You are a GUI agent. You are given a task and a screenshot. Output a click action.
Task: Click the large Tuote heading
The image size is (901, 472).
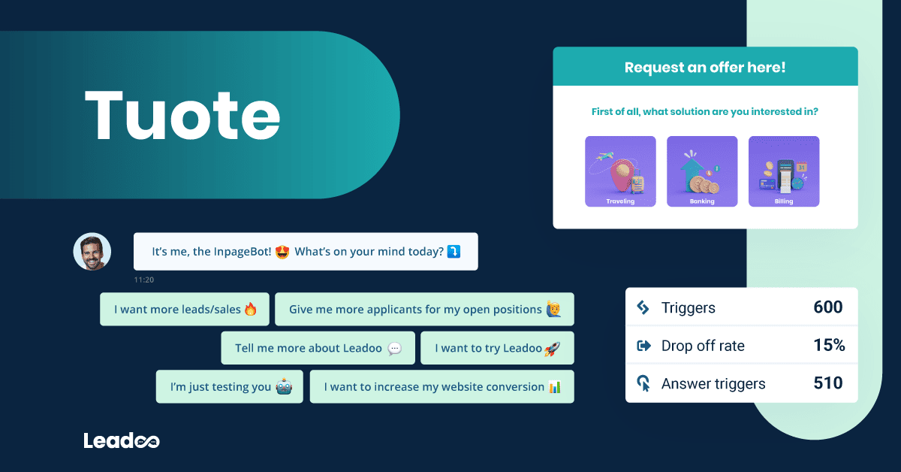(182, 115)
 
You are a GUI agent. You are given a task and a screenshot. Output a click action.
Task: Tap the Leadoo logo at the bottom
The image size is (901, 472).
(122, 441)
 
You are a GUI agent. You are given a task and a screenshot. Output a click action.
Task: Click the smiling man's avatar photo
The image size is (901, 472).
(92, 252)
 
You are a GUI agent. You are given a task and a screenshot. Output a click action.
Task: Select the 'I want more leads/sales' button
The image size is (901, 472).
(185, 309)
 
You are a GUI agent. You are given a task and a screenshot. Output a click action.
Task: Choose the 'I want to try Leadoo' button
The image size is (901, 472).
(497, 348)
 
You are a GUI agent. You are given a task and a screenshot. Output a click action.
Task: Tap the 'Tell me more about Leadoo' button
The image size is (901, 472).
(318, 348)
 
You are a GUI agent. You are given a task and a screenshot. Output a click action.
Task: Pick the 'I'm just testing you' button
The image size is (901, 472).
(230, 387)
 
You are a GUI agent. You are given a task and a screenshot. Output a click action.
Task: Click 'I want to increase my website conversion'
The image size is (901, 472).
(441, 387)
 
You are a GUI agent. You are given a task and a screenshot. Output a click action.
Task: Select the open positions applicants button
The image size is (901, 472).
(424, 309)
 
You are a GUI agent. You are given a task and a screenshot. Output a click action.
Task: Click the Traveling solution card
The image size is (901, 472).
(620, 171)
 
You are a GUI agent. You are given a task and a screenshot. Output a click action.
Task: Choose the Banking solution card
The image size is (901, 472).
(702, 171)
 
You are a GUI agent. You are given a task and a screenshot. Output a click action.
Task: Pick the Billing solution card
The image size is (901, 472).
(784, 171)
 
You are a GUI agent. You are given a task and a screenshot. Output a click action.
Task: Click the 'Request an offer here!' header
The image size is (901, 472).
(705, 67)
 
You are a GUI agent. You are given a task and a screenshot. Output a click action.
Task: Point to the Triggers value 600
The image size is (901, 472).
(828, 307)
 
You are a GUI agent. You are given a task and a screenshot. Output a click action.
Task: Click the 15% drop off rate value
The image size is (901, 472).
(829, 346)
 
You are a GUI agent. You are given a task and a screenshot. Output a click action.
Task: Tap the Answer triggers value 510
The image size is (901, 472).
(828, 383)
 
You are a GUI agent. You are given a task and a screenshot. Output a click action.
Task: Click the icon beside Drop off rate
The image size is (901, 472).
(643, 346)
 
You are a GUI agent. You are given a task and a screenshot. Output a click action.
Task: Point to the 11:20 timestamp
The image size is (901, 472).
(143, 280)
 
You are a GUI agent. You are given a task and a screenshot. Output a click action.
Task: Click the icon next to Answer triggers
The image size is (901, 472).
(643, 384)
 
